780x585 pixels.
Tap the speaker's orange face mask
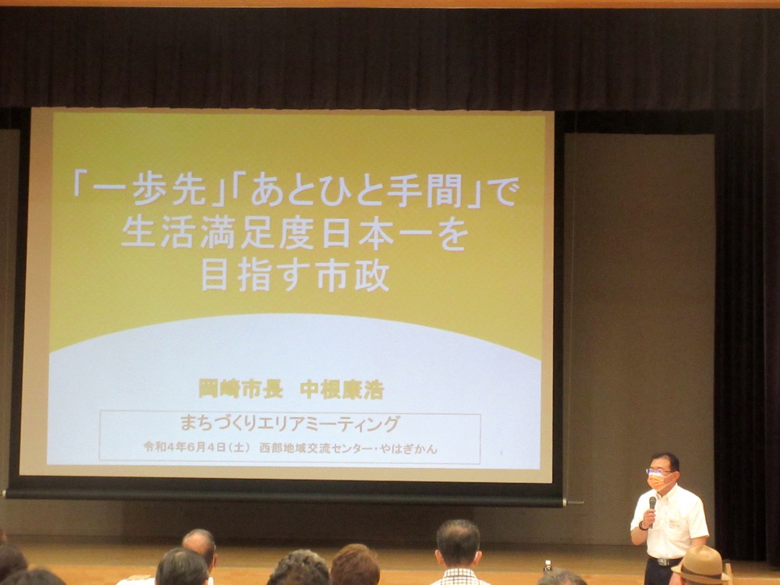point(659,481)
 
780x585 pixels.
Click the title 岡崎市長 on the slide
point(241,389)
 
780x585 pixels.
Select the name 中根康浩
point(342,389)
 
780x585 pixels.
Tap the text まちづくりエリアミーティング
point(289,424)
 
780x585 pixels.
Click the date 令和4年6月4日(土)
point(197,447)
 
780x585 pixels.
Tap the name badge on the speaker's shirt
point(675,523)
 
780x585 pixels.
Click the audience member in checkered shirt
point(458,553)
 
